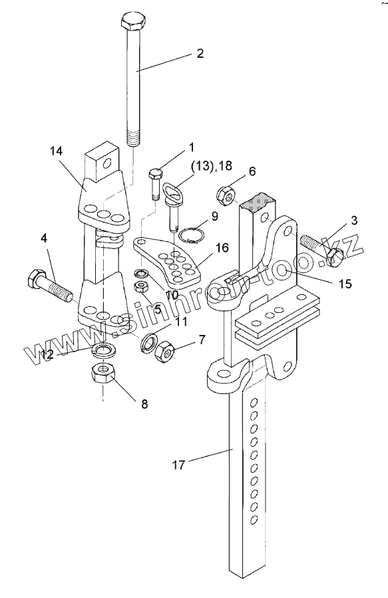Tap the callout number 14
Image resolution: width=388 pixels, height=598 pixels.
pos(56,151)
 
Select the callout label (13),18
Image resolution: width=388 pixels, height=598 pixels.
pos(212,165)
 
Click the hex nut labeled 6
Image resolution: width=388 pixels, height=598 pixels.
pos(226,196)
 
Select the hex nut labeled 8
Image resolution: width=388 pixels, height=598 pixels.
pos(102,373)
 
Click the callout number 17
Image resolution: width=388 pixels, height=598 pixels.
pos(178,465)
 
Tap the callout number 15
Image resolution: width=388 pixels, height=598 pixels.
pos(345,284)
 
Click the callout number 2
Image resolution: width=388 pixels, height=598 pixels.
pos(200,53)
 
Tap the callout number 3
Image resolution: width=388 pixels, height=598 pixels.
pos(354,220)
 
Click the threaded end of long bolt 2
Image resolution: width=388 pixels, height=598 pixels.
pos(132,138)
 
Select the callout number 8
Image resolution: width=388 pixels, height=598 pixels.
pos(144,404)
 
